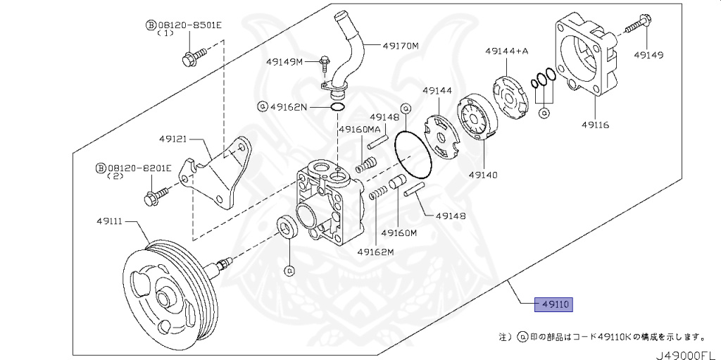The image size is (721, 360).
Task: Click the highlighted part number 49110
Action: pos(555,304)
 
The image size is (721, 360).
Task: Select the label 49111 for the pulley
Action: pos(110,221)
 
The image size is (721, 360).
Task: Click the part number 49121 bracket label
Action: pos(173,139)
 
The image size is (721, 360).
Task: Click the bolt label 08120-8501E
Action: pos(189,25)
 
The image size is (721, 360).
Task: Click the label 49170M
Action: pos(401,46)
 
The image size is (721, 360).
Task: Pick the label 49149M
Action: pos(284,62)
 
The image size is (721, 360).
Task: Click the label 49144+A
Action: pos(506,51)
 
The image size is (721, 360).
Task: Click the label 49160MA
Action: pos(360,130)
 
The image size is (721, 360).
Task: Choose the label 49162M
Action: pos(375,252)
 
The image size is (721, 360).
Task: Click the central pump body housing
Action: pos(329,204)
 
